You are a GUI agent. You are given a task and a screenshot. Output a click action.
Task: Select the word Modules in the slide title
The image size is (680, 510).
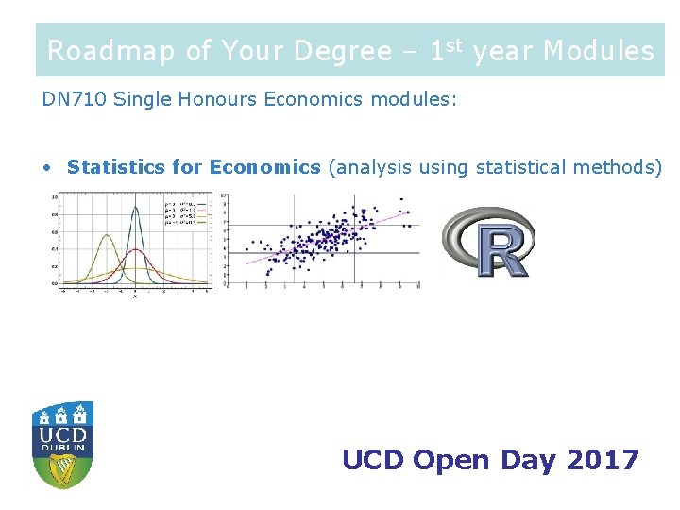click(598, 51)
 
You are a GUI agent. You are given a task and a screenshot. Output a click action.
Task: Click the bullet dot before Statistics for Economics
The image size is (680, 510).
click(47, 168)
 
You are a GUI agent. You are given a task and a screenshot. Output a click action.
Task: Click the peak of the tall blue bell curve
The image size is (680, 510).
click(134, 203)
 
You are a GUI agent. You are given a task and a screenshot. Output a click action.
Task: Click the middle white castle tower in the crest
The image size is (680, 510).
click(62, 413)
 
